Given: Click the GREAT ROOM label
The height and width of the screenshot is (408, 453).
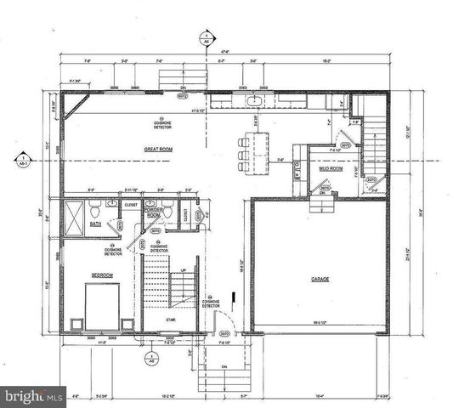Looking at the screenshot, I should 160,149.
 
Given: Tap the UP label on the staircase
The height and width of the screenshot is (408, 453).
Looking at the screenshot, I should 184,271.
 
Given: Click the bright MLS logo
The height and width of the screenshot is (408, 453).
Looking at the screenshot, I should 33,396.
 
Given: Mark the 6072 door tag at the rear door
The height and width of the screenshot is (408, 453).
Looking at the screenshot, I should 181,96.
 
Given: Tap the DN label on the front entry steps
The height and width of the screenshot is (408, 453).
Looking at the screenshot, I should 224,366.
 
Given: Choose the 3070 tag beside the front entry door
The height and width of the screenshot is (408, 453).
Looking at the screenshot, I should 224,333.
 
